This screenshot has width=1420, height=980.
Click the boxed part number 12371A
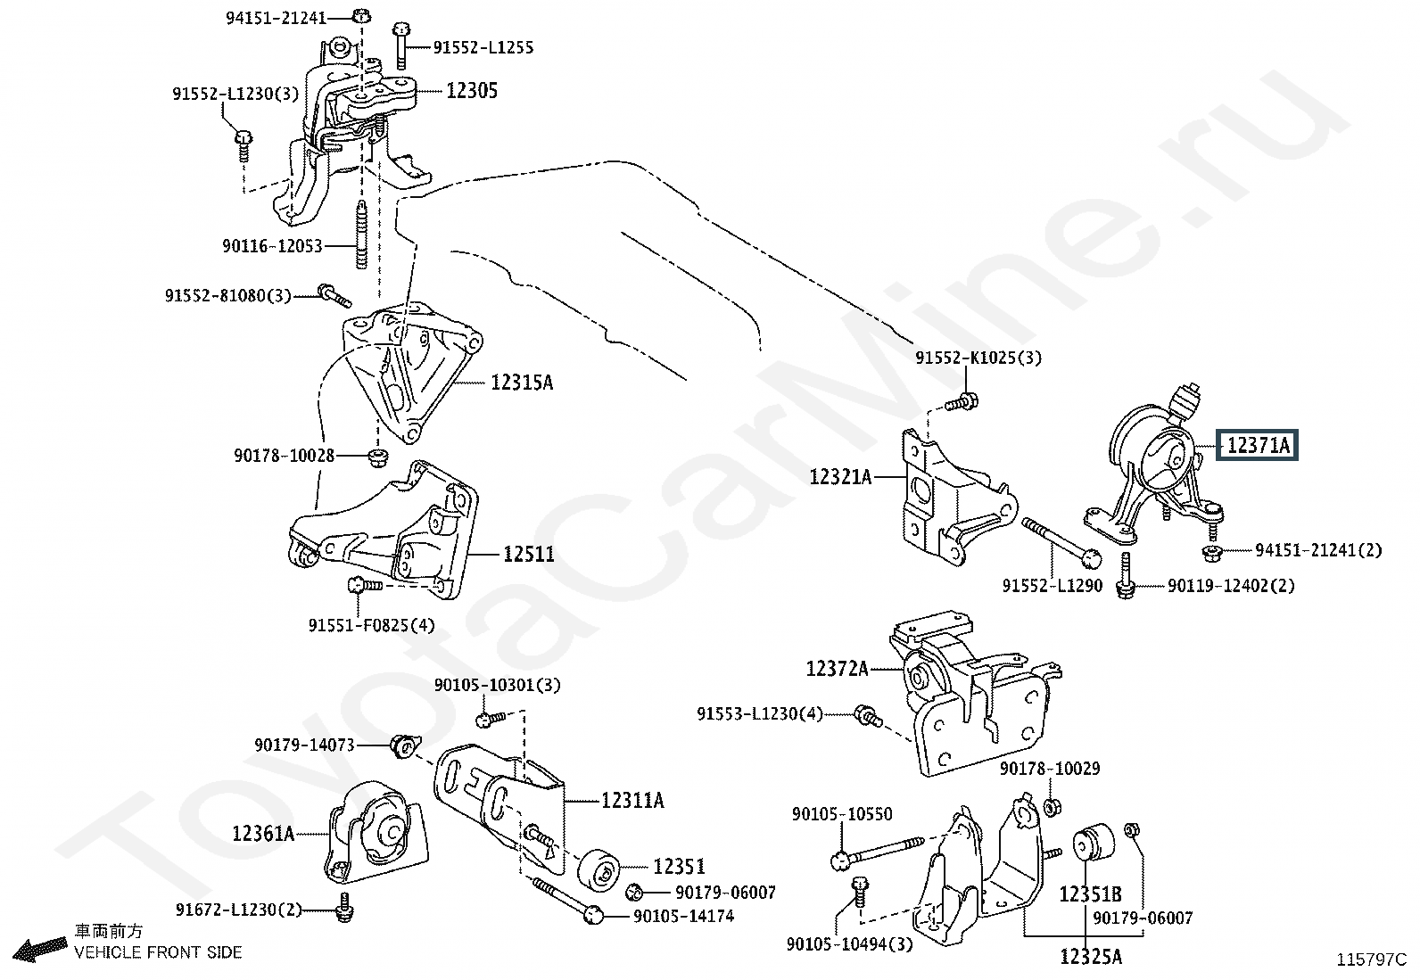[x=1258, y=444]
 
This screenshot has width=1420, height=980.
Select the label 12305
[x=472, y=91]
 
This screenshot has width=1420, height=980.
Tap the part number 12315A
[x=522, y=383]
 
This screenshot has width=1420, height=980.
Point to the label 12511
[x=528, y=555]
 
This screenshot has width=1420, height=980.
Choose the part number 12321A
[x=840, y=477]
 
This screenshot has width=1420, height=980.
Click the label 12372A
[x=837, y=668]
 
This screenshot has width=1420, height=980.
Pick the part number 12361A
[x=263, y=834]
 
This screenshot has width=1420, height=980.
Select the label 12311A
[x=632, y=801]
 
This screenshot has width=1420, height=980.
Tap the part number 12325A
[x=1090, y=958]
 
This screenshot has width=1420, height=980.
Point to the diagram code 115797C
[x=1372, y=960]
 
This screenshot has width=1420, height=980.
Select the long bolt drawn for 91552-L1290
[x=1060, y=540]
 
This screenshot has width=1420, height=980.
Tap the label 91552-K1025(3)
[x=978, y=358]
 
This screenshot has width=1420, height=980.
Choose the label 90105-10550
[x=842, y=814]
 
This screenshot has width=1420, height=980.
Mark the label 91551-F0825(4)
[x=372, y=625]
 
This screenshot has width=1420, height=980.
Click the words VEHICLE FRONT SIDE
[x=158, y=952]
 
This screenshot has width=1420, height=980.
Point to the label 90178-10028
[x=285, y=456]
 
